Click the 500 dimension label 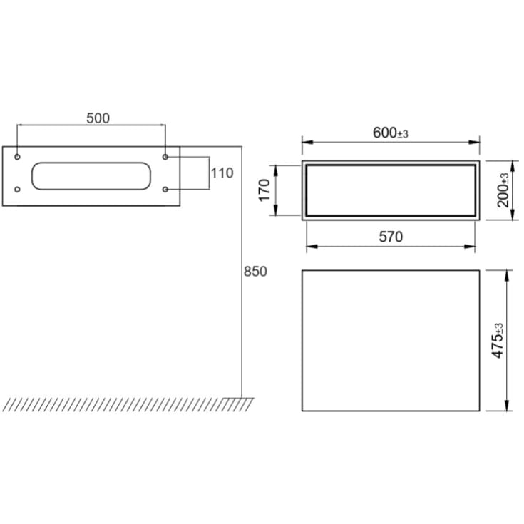[98, 118]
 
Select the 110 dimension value [222, 173]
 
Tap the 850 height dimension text [255, 272]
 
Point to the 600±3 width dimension [390, 133]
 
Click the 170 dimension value [265, 190]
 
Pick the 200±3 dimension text [504, 190]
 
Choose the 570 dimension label [390, 237]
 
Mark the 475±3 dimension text [498, 340]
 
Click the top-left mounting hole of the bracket [18, 156]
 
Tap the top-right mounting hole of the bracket [165, 156]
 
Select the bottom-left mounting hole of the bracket [18, 190]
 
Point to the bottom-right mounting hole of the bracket [165, 190]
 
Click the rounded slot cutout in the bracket [91, 176]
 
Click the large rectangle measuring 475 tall [390, 340]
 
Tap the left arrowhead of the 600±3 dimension [305, 142]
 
